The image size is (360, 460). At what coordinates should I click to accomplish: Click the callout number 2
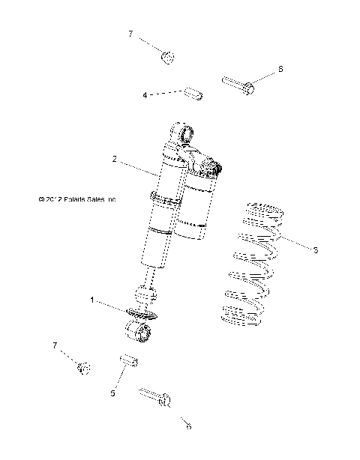click(114, 159)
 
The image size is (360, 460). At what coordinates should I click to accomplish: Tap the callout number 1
click(92, 300)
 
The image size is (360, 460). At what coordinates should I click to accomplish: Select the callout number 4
click(144, 95)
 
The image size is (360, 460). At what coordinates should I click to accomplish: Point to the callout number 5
click(113, 393)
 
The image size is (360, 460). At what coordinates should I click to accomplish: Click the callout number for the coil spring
click(316, 249)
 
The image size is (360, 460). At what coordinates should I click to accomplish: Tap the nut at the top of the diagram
click(169, 57)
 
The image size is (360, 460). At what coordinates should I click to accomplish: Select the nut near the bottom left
click(84, 367)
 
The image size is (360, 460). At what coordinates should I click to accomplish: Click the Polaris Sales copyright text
click(77, 200)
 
